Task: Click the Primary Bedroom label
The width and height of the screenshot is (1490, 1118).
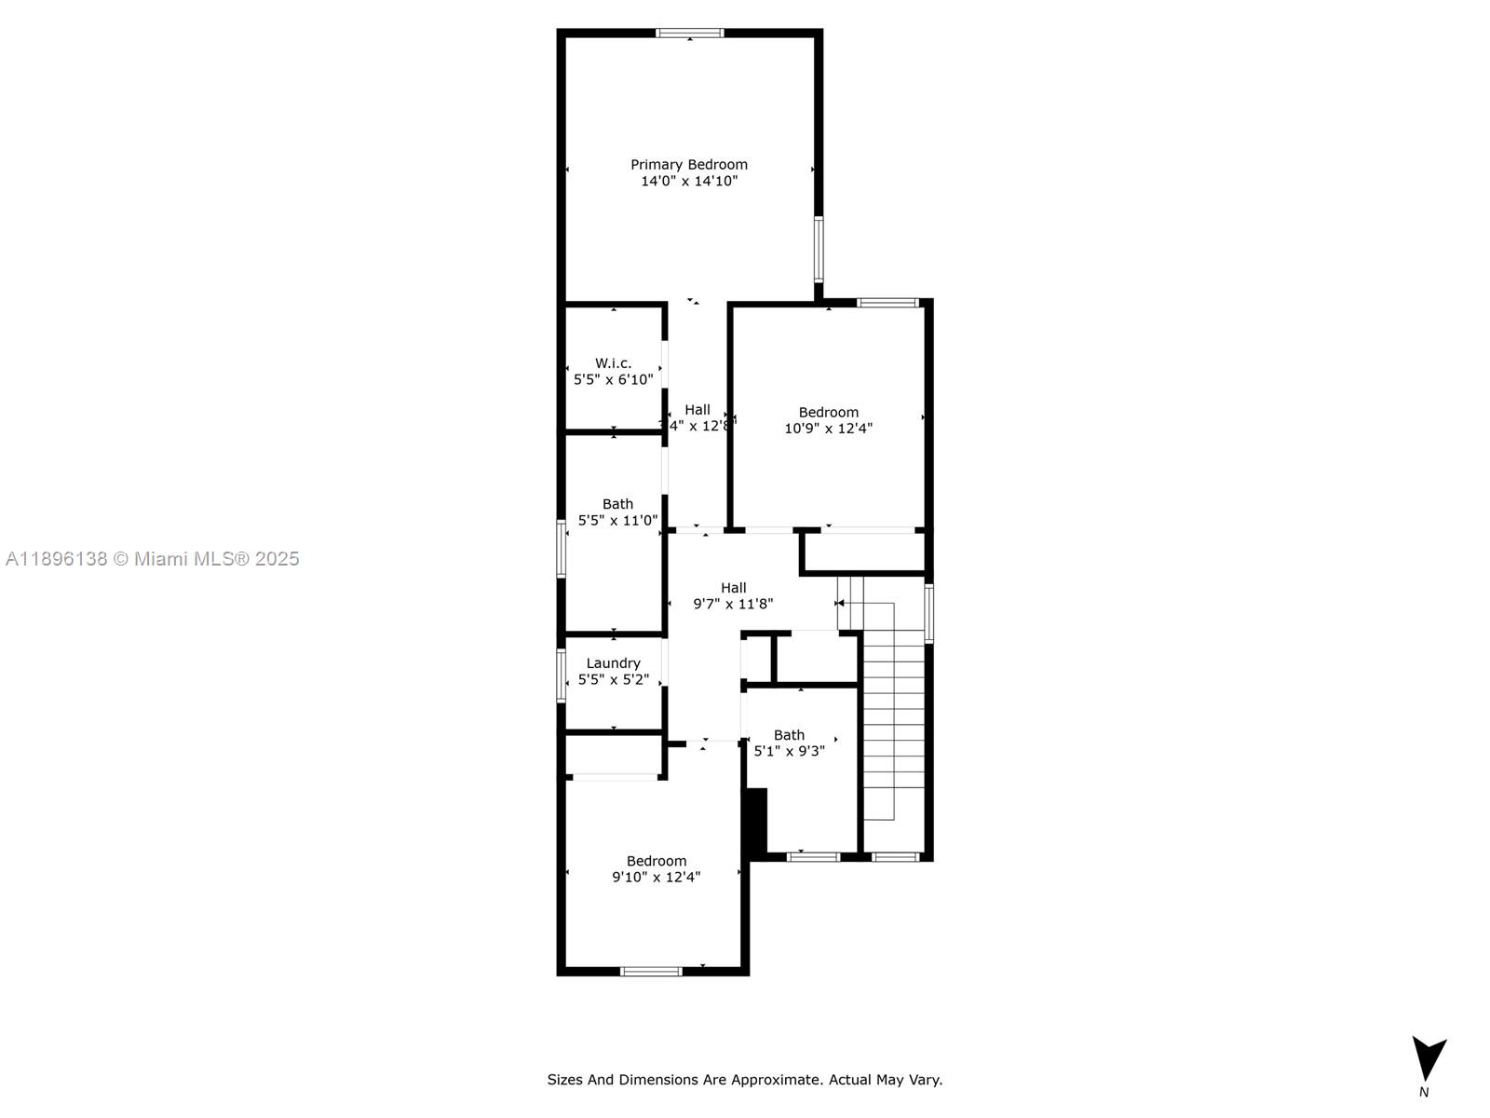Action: click(689, 164)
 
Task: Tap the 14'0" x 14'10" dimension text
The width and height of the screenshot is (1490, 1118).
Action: click(689, 181)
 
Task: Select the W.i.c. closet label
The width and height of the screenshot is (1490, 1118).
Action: click(613, 363)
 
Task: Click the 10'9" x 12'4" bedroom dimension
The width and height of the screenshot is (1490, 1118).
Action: click(828, 429)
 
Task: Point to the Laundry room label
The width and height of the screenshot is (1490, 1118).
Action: click(613, 663)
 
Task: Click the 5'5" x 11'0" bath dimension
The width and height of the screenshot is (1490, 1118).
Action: click(617, 521)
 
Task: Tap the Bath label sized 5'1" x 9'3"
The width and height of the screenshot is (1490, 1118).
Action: click(789, 735)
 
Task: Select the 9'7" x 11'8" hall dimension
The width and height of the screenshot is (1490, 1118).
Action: click(733, 604)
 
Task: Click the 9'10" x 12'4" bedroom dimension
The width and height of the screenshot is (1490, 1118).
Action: click(656, 877)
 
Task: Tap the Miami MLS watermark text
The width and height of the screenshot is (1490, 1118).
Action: click(152, 559)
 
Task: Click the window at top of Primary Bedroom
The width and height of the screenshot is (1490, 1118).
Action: click(689, 34)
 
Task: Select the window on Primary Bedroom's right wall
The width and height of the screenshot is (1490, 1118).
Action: click(819, 249)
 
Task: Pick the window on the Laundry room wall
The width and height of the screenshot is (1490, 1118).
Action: click(562, 675)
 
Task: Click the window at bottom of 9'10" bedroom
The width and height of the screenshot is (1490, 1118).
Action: click(651, 972)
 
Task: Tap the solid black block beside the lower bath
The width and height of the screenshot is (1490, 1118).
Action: click(756, 820)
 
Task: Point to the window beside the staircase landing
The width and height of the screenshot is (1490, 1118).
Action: click(928, 613)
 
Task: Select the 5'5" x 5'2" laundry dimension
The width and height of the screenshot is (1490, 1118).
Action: click(613, 680)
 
